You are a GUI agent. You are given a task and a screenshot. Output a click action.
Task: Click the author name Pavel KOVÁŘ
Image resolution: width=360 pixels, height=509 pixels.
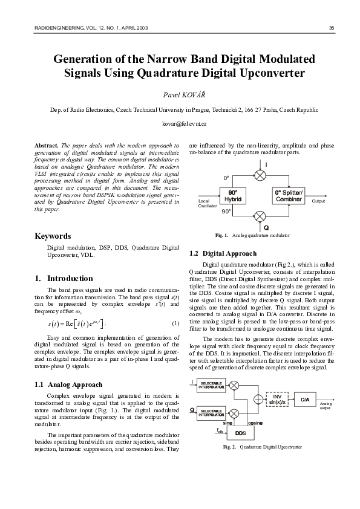point(180,95)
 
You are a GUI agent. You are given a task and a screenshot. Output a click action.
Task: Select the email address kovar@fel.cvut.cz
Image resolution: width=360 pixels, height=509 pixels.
point(180,123)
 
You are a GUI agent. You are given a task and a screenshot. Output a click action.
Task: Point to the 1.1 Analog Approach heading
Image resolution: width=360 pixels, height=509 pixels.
point(68,384)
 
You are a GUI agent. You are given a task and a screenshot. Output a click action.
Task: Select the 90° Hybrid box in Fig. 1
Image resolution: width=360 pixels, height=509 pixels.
point(234,196)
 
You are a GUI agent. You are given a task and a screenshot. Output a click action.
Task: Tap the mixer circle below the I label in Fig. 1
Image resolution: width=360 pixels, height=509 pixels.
point(260,175)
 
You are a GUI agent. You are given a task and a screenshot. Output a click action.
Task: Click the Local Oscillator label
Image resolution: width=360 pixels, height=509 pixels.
point(207,203)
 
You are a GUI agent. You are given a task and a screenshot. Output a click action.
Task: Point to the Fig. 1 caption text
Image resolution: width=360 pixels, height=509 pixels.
point(252,235)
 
